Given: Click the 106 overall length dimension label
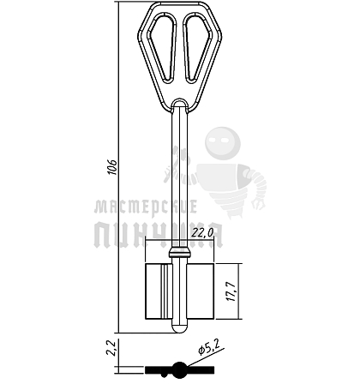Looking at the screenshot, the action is pos(112,167).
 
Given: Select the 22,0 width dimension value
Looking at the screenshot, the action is pos(202,233).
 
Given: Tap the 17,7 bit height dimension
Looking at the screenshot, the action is pos(231,291).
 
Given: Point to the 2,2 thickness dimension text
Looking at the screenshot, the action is pos(111,347).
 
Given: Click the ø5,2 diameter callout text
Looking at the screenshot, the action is pos(209,347).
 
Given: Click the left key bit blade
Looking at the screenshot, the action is pos(159,291).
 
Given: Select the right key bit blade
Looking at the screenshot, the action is pos(201,291).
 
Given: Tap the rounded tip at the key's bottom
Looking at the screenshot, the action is pos(180,329).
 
